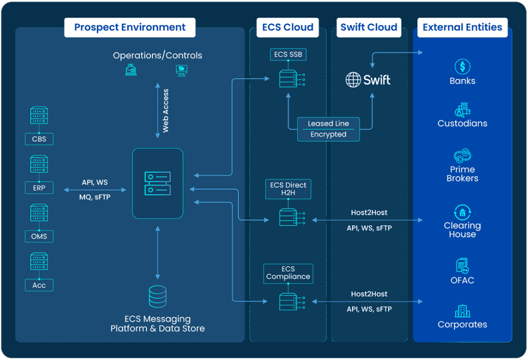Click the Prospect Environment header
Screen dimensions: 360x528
click(x=129, y=27)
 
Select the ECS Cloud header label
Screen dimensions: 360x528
click(x=288, y=27)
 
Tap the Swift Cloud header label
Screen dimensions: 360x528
click(x=369, y=27)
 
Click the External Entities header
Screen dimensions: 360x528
click(x=462, y=27)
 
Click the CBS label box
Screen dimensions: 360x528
click(x=39, y=139)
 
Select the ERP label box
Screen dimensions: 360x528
click(x=39, y=188)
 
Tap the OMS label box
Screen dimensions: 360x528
click(x=39, y=236)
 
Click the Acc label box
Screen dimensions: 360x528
click(x=39, y=285)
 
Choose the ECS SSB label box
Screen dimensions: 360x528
click(x=288, y=55)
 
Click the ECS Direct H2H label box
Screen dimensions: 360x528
click(x=288, y=189)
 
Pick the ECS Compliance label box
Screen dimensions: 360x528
click(x=288, y=273)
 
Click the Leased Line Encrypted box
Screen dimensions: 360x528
click(x=328, y=129)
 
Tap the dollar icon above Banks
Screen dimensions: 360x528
click(x=463, y=67)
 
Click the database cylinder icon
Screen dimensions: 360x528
click(x=158, y=297)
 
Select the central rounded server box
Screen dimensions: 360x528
click(x=158, y=183)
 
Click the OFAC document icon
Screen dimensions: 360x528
click(x=463, y=266)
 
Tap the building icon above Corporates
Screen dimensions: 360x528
click(x=463, y=311)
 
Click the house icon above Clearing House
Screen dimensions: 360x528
click(x=463, y=212)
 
